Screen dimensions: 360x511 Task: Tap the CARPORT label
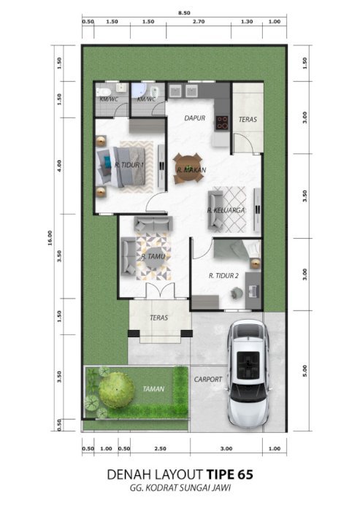coord(207,380)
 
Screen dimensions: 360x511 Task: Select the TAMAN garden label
coord(153,389)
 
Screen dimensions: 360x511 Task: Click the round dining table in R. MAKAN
coord(188,169)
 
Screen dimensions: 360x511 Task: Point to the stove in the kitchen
coord(223,122)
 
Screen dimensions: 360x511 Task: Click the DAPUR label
coord(195,118)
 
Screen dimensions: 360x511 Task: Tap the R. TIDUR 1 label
coord(129,165)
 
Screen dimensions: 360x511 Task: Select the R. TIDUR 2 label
coord(223,276)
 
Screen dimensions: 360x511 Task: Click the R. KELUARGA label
coord(226,210)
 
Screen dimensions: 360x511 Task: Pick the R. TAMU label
coord(153,256)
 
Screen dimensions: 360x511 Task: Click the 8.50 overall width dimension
coord(184,13)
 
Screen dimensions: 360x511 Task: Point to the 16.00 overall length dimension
coord(50,238)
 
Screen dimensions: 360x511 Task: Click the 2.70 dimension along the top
coord(199,22)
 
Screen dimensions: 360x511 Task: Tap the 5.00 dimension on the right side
coord(305,371)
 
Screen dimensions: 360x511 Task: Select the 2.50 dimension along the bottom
coord(160,449)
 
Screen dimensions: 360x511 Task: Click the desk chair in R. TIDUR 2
coord(236,292)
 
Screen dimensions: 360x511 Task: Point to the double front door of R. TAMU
coord(160,291)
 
